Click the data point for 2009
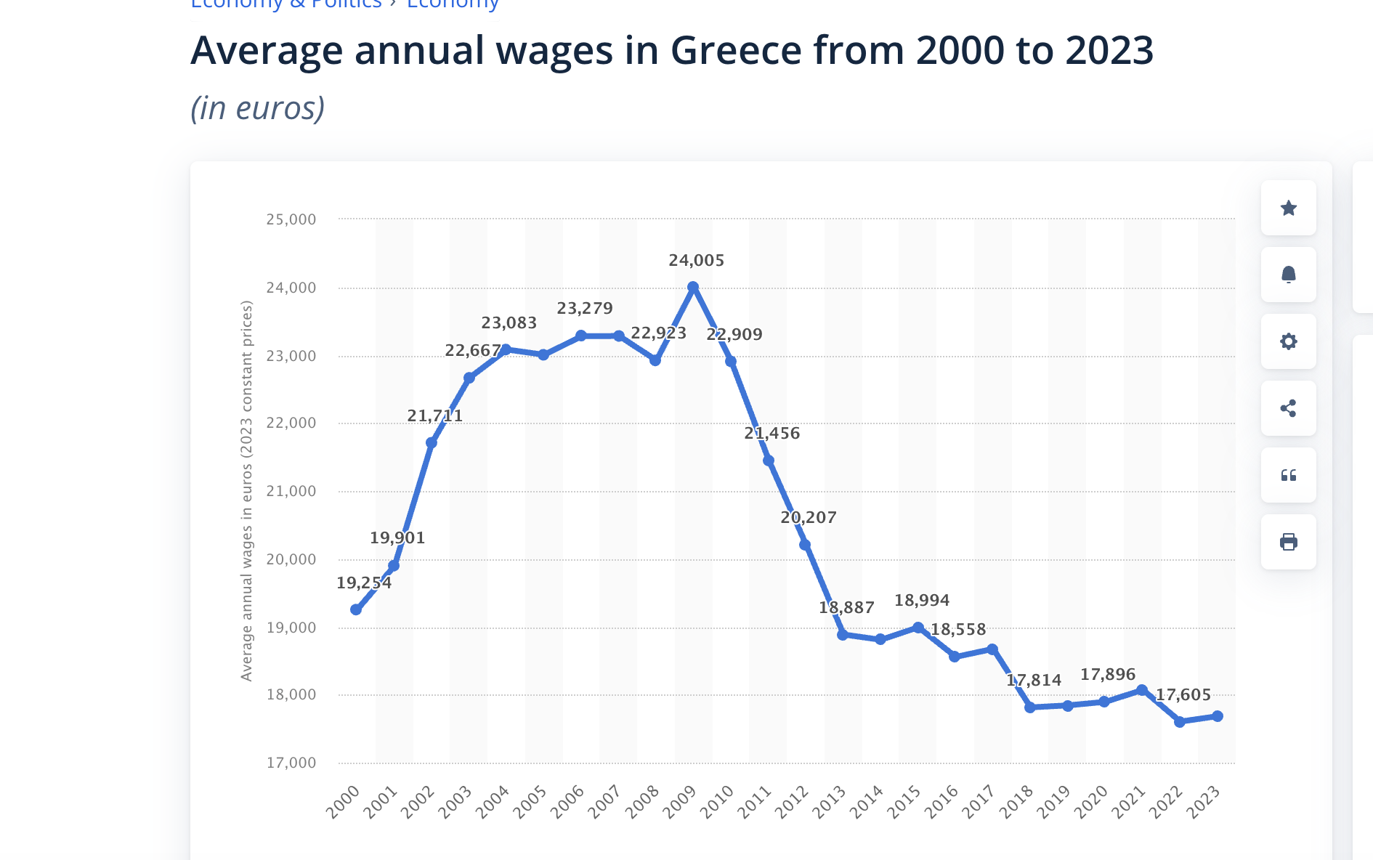[x=693, y=288]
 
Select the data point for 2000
[x=356, y=609]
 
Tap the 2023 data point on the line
[x=1218, y=716]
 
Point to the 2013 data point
[x=843, y=634]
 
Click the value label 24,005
[x=697, y=261]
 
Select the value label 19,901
[x=397, y=538]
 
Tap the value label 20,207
[x=809, y=518]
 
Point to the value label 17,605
[x=1183, y=695]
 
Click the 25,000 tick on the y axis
[x=291, y=219]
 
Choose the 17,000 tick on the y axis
[x=291, y=763]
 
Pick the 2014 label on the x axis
[x=867, y=802]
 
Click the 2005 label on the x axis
[x=530, y=802]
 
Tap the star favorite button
[x=1289, y=208]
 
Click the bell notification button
[x=1289, y=275]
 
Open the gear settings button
[x=1289, y=341]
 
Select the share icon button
[x=1289, y=408]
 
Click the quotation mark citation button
[x=1289, y=475]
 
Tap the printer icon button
[x=1289, y=542]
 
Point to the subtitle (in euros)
[x=258, y=108]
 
